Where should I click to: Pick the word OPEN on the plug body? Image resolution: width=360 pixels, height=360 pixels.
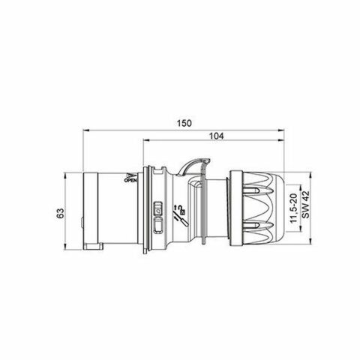click(x=129, y=180)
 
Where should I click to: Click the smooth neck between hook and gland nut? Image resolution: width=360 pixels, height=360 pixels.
click(x=217, y=210)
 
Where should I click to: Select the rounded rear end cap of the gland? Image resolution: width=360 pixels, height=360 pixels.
click(x=281, y=210)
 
